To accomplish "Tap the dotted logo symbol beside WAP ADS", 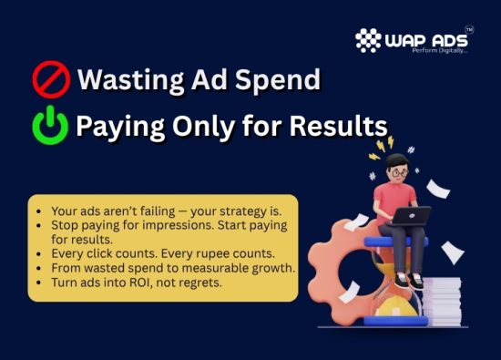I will tap(368, 41).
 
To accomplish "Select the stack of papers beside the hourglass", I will tap(445, 296).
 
